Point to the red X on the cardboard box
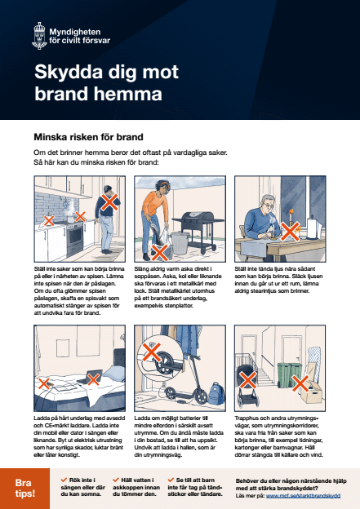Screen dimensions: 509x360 [299, 383]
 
